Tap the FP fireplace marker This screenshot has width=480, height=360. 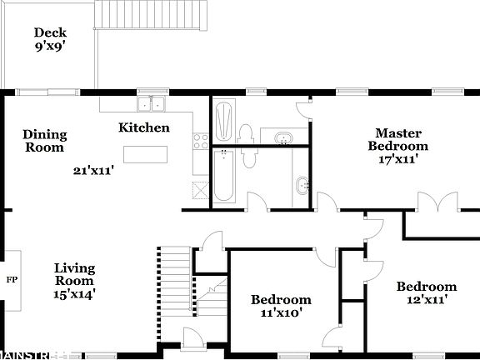[x=11, y=278]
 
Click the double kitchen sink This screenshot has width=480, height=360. [x=152, y=104]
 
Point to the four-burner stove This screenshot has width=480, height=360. [x=200, y=141]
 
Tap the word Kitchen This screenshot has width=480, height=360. [x=144, y=128]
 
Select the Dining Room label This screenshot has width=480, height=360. [x=44, y=141]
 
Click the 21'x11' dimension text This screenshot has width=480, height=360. [x=93, y=171]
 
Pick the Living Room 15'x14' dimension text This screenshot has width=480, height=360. [x=74, y=292]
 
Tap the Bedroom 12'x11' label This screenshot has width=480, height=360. [x=426, y=292]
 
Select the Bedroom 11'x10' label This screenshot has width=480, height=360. [x=282, y=306]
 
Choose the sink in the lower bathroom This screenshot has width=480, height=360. [x=302, y=185]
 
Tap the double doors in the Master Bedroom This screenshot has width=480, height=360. [x=437, y=204]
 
